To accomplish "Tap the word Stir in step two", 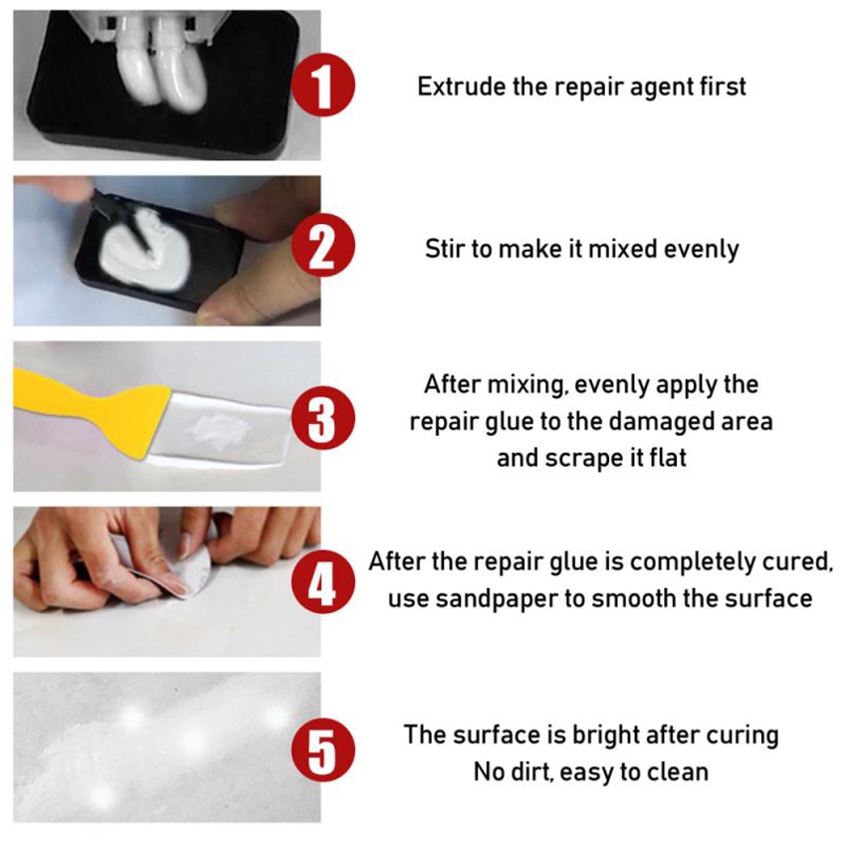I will click(444, 249).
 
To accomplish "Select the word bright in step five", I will click(597, 736).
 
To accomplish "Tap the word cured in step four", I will click(797, 561).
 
